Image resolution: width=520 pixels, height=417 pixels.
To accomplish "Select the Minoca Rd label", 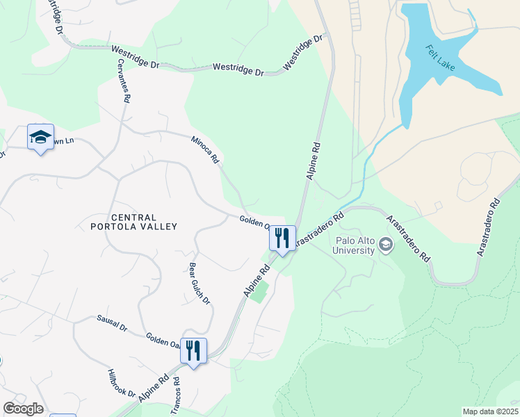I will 205,149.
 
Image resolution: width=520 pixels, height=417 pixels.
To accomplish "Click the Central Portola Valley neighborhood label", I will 134,222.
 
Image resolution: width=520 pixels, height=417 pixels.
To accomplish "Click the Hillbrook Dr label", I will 122,383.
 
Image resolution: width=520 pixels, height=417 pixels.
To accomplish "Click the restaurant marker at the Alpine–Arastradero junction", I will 283,238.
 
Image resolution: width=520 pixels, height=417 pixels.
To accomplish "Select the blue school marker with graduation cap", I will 40,137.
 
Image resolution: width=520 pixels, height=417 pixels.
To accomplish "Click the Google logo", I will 23,409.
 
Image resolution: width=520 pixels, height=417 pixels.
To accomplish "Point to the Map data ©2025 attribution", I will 489,411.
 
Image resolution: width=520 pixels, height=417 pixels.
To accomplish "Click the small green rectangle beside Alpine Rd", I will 259,292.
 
